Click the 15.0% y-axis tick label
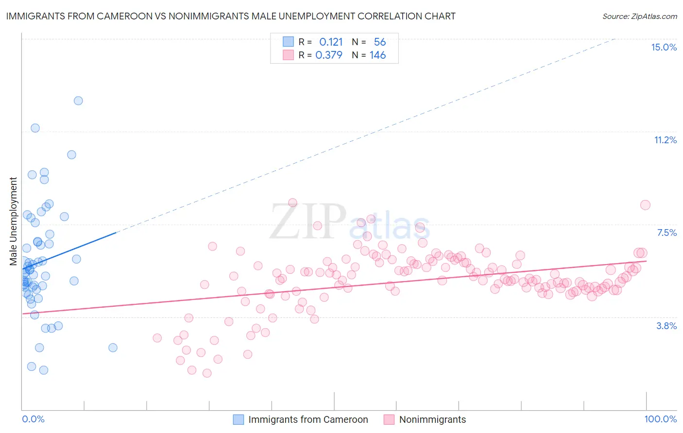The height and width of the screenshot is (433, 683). (x=664, y=47)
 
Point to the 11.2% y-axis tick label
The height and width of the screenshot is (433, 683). (x=665, y=140)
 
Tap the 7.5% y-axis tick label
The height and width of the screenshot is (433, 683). (x=666, y=233)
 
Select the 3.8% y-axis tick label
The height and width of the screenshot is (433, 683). (x=666, y=326)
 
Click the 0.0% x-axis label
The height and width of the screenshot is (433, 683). (x=33, y=419)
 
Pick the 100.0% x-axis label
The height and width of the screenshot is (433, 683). (x=660, y=419)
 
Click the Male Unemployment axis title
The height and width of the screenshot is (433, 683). (x=13, y=221)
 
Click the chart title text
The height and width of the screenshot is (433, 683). (x=231, y=16)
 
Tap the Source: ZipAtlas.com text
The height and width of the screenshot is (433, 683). (x=639, y=16)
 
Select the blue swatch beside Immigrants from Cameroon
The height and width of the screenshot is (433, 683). (x=238, y=419)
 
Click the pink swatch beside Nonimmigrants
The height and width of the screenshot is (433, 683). (x=389, y=419)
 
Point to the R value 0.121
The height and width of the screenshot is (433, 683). (x=331, y=42)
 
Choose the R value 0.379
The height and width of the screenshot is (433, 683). (x=329, y=55)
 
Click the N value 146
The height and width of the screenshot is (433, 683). (x=377, y=55)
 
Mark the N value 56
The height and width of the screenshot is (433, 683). (x=379, y=42)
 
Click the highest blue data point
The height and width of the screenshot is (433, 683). (x=78, y=101)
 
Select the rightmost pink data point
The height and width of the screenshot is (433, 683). (x=645, y=205)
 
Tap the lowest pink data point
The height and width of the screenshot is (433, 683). (x=207, y=373)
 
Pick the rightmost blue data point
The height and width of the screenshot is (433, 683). (x=113, y=348)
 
